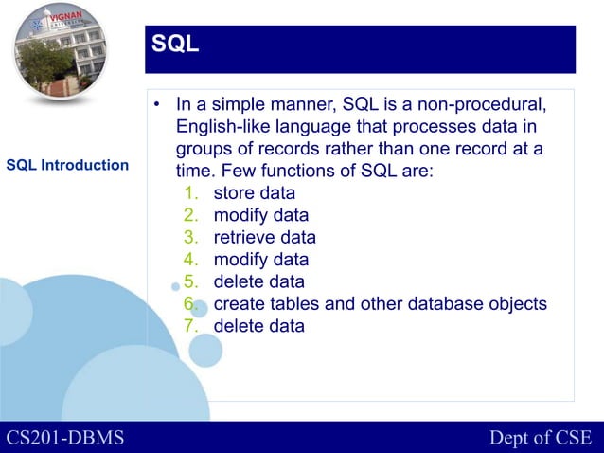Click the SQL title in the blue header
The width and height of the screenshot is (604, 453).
point(175,44)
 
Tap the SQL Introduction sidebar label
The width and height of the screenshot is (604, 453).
point(67,166)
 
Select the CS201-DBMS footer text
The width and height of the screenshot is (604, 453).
point(65,438)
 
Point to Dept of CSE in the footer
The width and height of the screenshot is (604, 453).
point(540,438)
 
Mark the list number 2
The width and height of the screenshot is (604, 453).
point(189,215)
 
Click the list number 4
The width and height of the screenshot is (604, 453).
point(189,259)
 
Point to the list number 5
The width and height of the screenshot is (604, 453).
point(189,281)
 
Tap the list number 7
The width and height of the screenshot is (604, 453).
point(189,326)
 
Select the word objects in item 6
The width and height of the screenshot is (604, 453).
point(516,304)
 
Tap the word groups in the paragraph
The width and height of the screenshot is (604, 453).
point(201,149)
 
